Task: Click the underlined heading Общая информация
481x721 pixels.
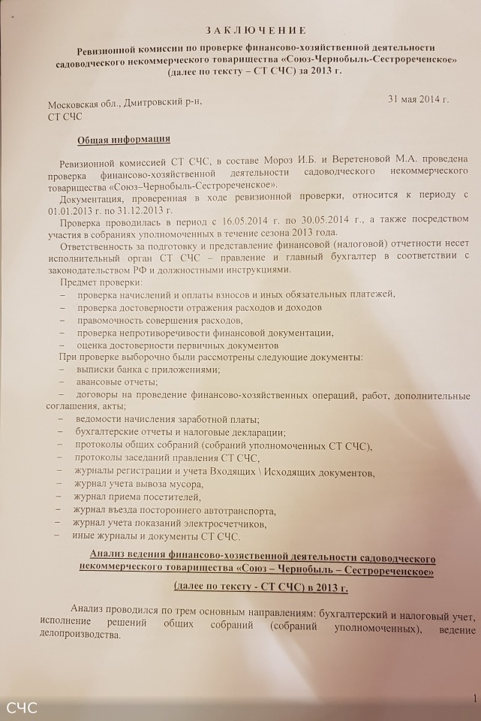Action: pyautogui.click(x=124, y=140)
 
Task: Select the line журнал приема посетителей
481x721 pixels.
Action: pyautogui.click(x=137, y=497)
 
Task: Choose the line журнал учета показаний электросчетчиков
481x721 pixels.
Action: pyautogui.click(x=170, y=523)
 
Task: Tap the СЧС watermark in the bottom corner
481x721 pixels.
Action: pyautogui.click(x=21, y=707)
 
